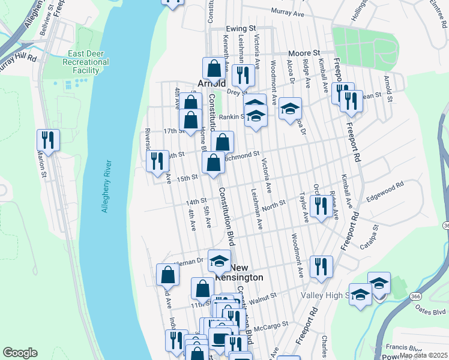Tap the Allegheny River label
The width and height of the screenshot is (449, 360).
106,186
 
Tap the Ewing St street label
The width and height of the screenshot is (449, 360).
241,28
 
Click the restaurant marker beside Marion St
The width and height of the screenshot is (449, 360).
46,140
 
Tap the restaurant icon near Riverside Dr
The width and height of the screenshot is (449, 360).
157,160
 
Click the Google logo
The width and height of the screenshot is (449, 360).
20,353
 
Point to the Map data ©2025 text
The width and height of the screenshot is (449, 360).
423,355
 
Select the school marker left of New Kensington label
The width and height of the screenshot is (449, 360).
220,260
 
